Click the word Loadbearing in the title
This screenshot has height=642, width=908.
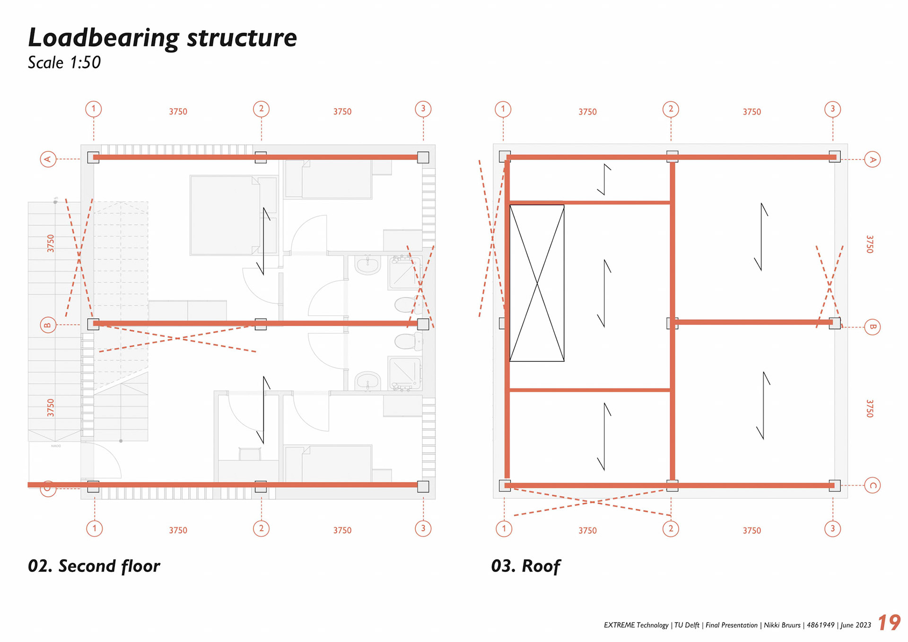(x=104, y=38)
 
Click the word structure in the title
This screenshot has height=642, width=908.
(x=242, y=38)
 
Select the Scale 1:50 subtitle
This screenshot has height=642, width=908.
(x=64, y=62)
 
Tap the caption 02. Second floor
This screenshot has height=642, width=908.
(x=94, y=566)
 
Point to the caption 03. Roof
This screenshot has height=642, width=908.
(x=525, y=566)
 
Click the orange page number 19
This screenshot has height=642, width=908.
(x=889, y=623)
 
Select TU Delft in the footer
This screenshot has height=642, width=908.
(x=687, y=625)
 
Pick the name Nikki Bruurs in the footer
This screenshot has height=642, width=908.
(x=782, y=625)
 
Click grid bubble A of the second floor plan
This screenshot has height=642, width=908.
(x=48, y=159)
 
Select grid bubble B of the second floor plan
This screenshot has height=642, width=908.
(x=48, y=325)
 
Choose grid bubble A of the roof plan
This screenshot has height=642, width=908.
(x=872, y=160)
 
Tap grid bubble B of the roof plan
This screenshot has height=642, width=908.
(x=872, y=327)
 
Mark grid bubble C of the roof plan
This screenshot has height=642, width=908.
(x=872, y=485)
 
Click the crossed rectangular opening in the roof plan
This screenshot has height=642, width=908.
(x=537, y=283)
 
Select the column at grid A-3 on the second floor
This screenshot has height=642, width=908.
(x=423, y=158)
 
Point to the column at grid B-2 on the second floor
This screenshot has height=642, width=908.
(x=261, y=324)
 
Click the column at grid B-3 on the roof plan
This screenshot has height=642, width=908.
(x=835, y=323)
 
